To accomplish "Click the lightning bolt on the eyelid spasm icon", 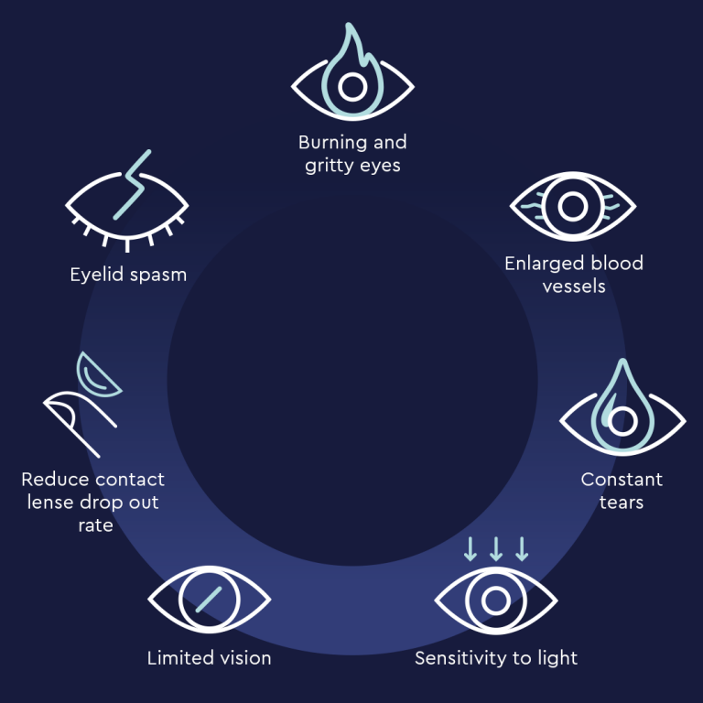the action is coord(132,185).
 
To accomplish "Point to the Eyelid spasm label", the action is coord(128,275).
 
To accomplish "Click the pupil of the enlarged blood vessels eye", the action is coord(572,207).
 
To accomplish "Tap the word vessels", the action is coord(574,286).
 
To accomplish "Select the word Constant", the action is coord(622,480).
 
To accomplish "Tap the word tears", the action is coord(622,503).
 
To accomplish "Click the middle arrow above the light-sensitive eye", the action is coord(496,549).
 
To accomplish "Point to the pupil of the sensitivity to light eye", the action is coord(496,600).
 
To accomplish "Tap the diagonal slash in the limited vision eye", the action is coord(209,600).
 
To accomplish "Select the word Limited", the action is coord(176,658).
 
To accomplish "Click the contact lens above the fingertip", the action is coord(96,375).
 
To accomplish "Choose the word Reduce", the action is coord(49,480).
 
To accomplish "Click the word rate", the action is coord(95,525).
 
